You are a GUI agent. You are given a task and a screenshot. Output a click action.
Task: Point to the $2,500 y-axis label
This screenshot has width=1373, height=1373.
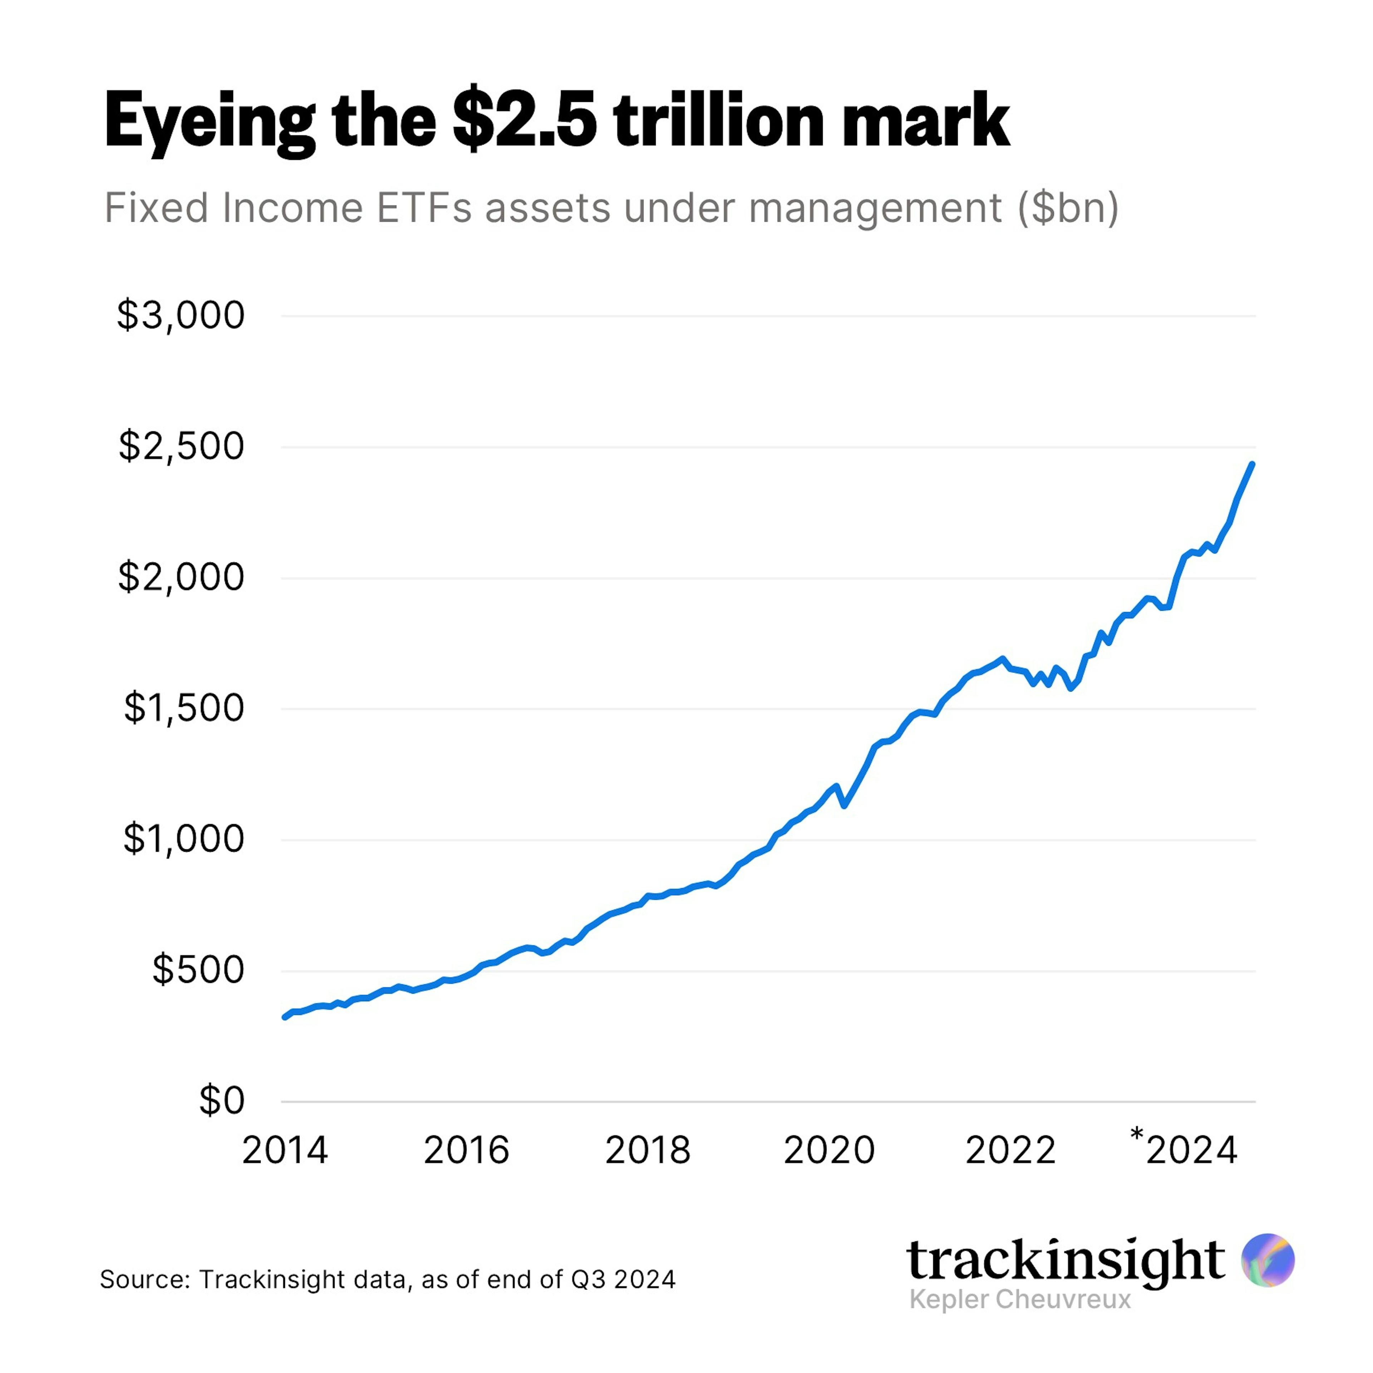click(x=181, y=446)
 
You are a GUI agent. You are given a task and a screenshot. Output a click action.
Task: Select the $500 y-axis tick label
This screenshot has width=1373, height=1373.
click(x=198, y=969)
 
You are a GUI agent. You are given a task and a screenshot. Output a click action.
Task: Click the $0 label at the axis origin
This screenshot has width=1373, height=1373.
click(x=221, y=1100)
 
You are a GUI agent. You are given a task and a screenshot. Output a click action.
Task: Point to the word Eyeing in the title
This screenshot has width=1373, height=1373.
click(x=210, y=122)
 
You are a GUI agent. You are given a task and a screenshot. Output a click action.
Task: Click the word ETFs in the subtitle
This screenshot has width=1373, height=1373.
click(x=424, y=208)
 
